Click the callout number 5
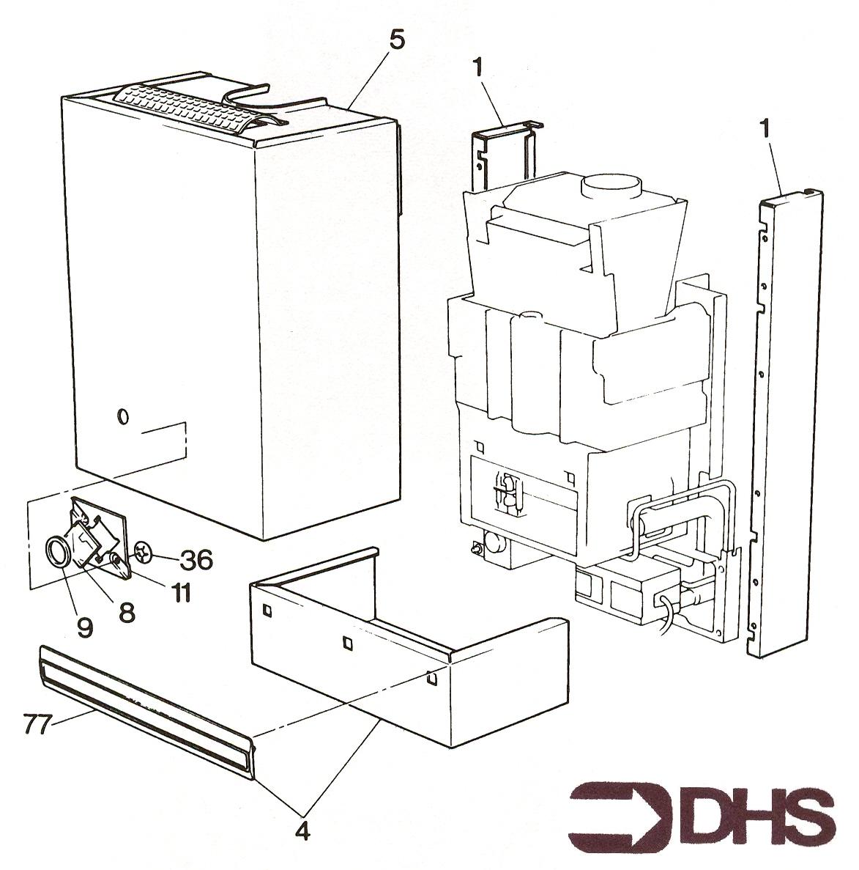397,41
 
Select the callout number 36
196,560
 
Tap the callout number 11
180,592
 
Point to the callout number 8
127,612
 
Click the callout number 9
85,627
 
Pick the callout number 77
37,723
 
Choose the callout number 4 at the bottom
302,832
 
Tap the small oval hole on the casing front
123,416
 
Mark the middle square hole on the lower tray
347,643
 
